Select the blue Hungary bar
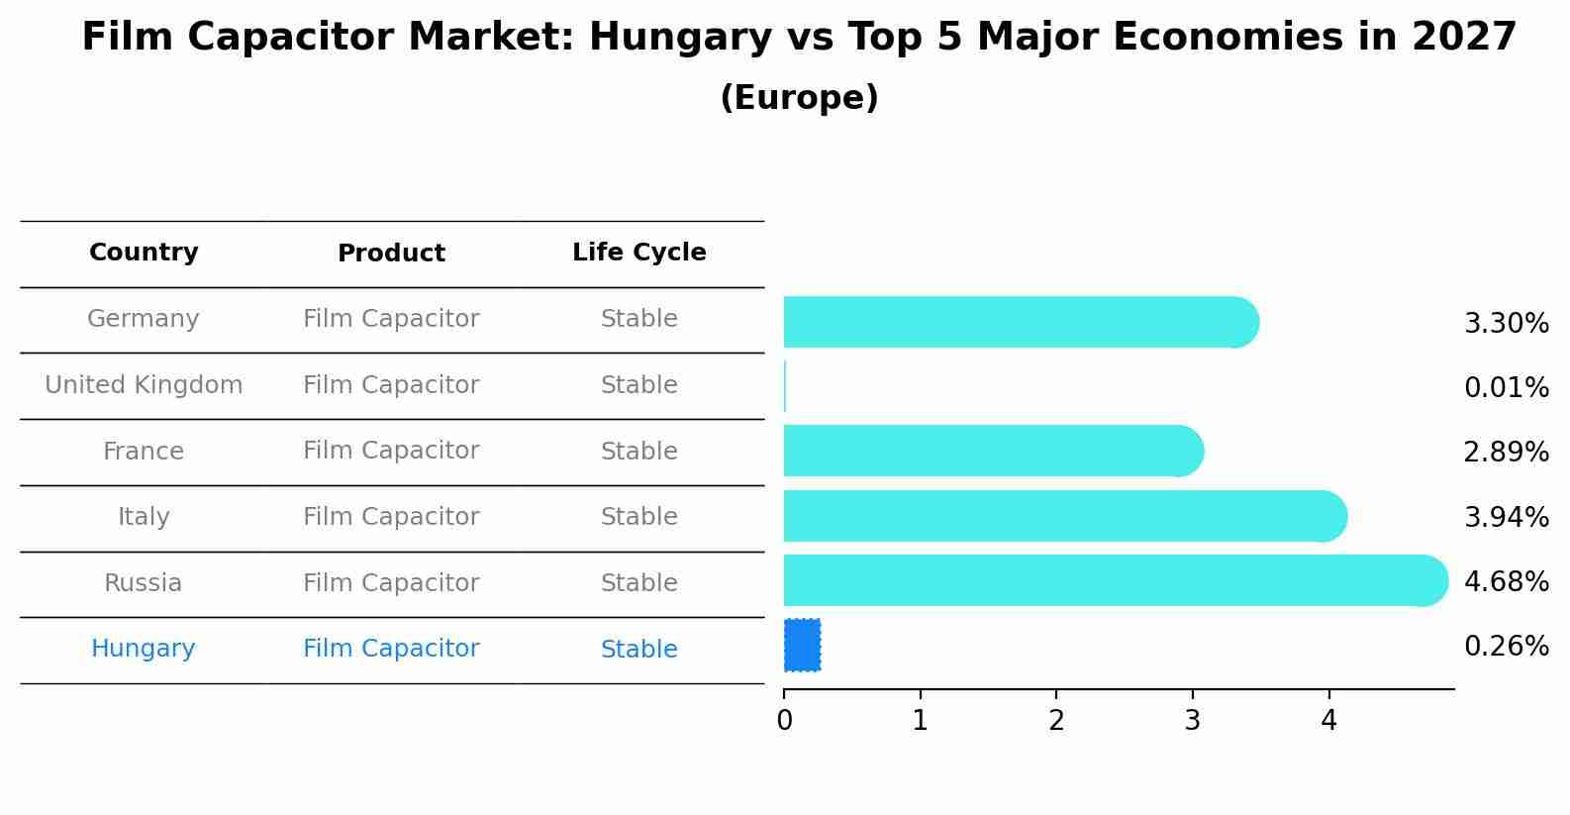point(802,645)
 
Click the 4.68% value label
point(1506,581)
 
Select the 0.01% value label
point(1506,388)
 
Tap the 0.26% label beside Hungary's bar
point(1506,647)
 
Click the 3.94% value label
point(1506,517)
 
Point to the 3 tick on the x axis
point(1192,721)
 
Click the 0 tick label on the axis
point(784,721)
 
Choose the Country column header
point(144,253)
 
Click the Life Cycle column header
point(638,253)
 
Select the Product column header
point(391,254)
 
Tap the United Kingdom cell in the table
point(144,385)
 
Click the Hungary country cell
point(144,649)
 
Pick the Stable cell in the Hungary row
point(638,650)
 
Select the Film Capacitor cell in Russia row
point(391,583)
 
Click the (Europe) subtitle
point(799,98)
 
